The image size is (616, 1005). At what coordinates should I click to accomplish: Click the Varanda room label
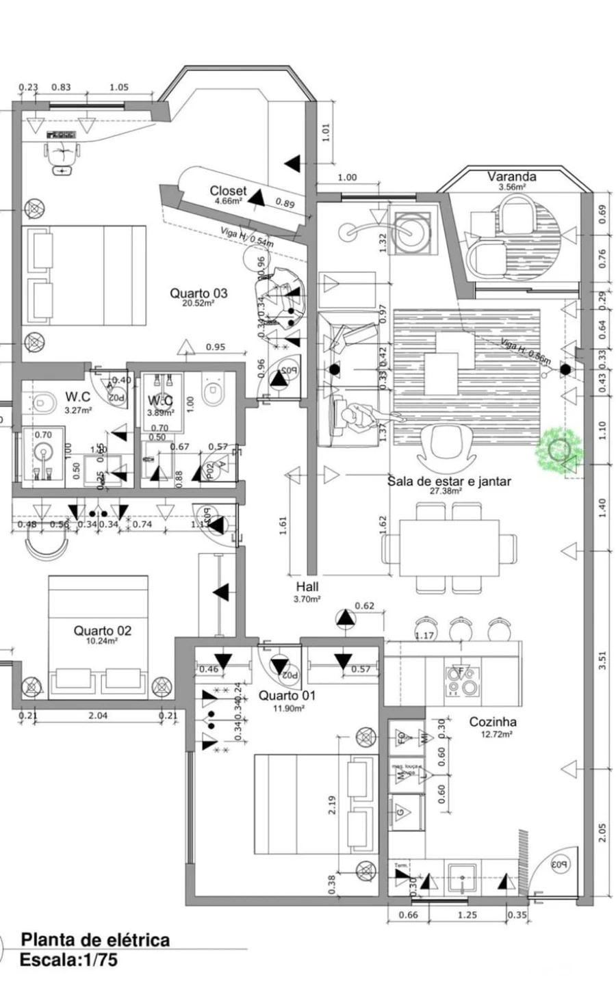511,177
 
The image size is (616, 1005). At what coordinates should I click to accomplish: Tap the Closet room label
228,191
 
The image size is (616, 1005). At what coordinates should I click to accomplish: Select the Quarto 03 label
198,293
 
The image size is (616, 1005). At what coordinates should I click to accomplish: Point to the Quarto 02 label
103,631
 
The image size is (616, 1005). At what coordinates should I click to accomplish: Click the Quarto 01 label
287,696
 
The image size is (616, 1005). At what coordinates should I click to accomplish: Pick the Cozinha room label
493,722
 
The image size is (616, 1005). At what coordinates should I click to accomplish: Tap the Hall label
307,586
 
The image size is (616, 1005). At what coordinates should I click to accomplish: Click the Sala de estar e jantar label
449,481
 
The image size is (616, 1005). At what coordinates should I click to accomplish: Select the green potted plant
560,450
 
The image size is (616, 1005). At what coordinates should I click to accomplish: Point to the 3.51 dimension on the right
602,660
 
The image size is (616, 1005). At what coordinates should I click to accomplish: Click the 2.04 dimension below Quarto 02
99,716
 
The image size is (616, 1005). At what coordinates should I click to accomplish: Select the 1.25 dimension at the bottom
467,915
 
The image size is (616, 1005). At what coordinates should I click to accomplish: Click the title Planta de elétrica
95,939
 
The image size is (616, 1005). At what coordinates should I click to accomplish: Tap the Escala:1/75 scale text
68,960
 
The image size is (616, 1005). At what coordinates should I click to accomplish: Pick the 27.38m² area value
446,491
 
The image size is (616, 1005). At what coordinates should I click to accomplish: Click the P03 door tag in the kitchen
560,864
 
